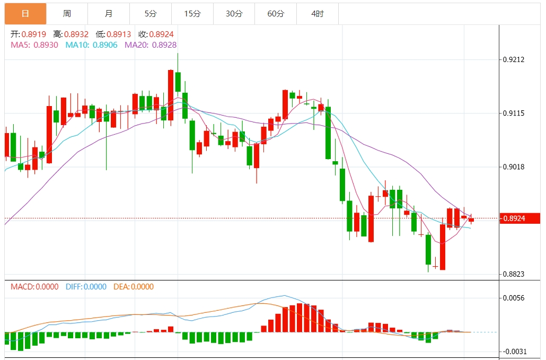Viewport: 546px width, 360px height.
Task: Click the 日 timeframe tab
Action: point(25,14)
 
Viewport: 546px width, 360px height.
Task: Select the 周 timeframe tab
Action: point(67,14)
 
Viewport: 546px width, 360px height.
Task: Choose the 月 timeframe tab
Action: point(109,14)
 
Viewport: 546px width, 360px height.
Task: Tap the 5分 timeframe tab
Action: point(151,14)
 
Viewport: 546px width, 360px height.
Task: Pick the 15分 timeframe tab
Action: point(192,14)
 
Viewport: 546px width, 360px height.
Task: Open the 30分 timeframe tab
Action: point(234,14)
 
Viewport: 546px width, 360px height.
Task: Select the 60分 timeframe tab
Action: point(276,14)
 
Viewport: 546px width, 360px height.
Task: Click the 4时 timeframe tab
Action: point(317,14)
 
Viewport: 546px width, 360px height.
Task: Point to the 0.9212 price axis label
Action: point(513,59)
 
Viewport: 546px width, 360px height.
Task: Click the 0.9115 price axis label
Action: point(513,113)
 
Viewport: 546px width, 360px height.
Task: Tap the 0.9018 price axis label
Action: point(513,167)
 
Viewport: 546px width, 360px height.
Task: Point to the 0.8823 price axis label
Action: point(513,274)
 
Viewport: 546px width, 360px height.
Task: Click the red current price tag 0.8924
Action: point(519,218)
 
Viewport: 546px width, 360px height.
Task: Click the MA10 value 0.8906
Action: point(105,45)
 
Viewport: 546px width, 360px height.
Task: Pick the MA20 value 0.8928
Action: point(164,45)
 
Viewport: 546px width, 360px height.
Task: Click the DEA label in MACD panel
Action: point(121,287)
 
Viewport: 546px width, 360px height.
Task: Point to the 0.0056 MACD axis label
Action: point(513,298)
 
